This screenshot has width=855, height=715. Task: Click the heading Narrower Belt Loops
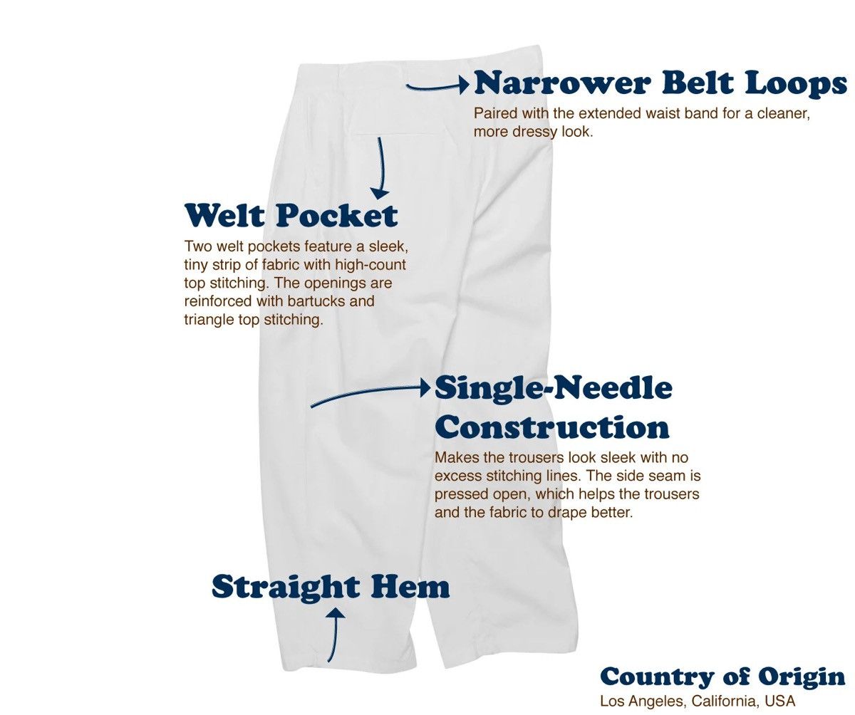660,84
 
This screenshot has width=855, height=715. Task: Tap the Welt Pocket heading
291,215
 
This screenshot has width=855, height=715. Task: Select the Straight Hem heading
331,587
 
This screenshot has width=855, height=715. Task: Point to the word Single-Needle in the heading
553,389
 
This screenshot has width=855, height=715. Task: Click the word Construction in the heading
551,428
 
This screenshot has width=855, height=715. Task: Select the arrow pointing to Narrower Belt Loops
437,86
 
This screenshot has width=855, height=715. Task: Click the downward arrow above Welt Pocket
380,168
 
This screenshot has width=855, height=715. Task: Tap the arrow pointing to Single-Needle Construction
370,392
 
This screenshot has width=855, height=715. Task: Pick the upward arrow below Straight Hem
333,635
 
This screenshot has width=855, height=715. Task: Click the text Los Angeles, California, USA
698,701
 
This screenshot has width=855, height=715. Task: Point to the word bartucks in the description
316,301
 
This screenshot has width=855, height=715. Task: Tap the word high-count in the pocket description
370,265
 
